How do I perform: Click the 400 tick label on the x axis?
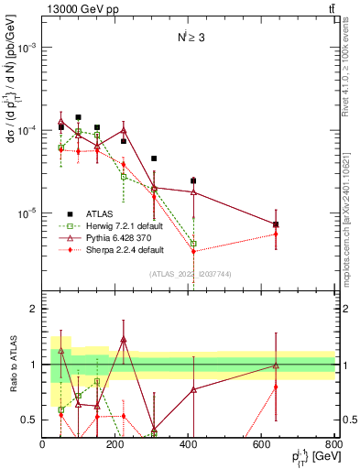click(x=189, y=445)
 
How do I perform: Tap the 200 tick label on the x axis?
click(x=115, y=445)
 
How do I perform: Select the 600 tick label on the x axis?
click(x=262, y=445)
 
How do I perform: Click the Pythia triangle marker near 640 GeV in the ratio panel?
click(x=276, y=365)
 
